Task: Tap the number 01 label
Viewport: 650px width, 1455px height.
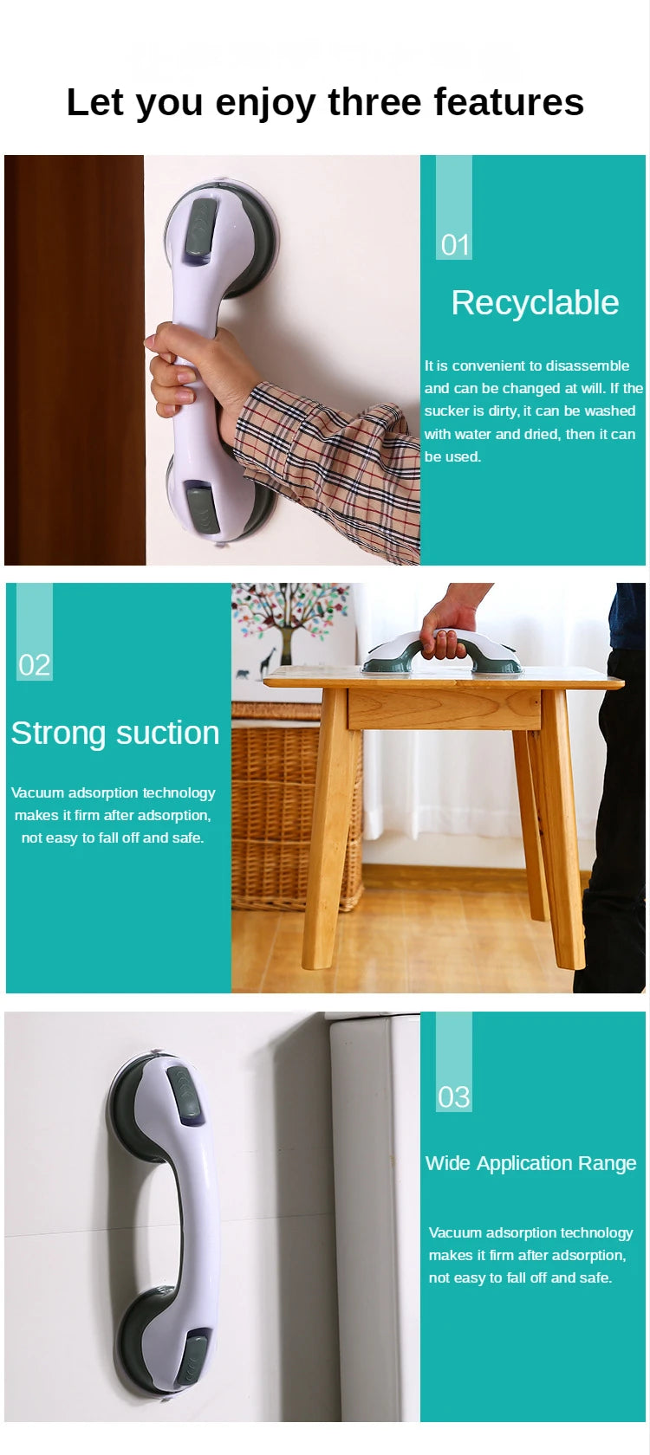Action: tap(455, 245)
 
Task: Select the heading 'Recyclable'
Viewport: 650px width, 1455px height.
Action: tap(535, 303)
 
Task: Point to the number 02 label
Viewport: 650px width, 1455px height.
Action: tap(35, 665)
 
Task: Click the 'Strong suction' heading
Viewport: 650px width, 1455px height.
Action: tap(115, 733)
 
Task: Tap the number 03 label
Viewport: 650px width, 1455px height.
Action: tap(454, 1097)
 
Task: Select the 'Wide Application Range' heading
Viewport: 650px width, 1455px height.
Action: tap(530, 1163)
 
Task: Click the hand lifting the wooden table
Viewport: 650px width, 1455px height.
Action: tap(447, 627)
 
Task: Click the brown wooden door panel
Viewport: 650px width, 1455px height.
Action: tap(75, 359)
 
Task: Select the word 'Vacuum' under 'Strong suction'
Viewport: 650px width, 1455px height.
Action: tap(37, 792)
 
